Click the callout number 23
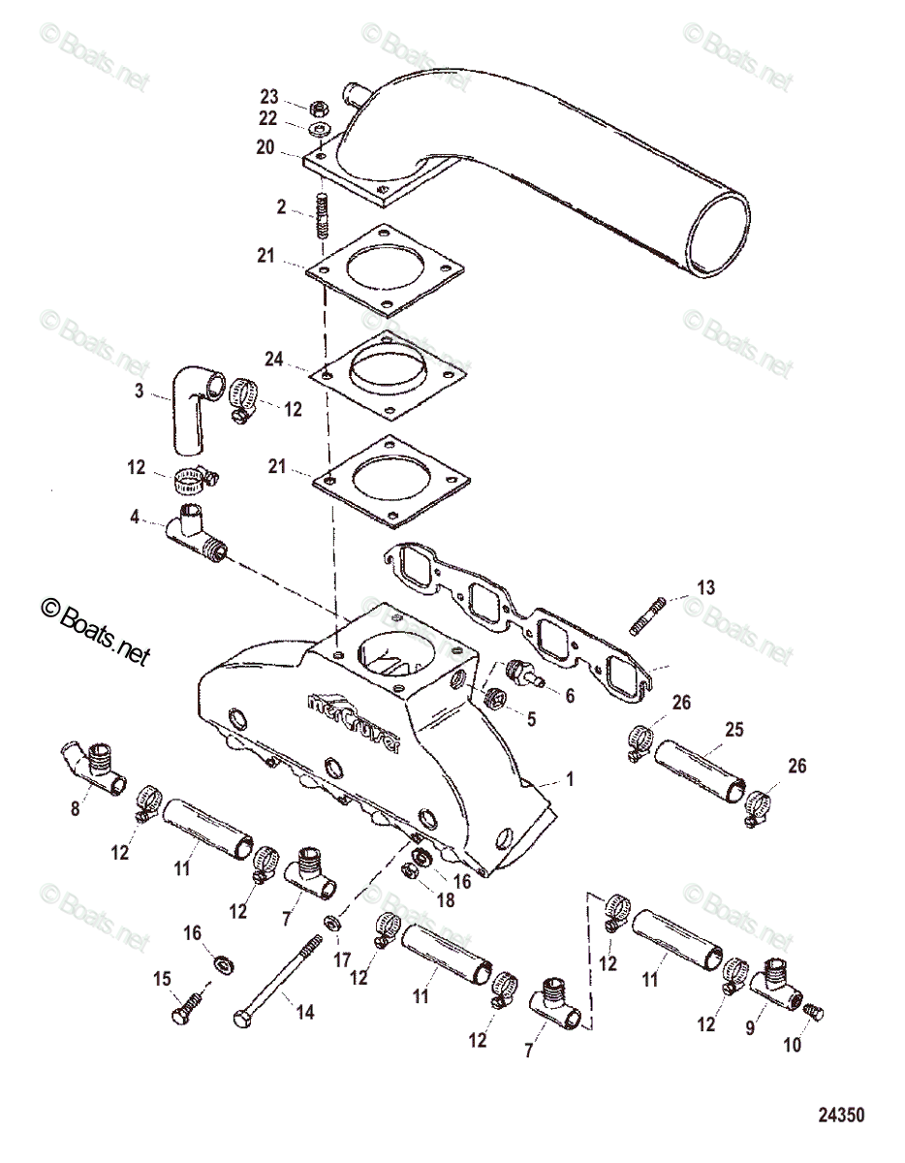(x=268, y=96)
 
